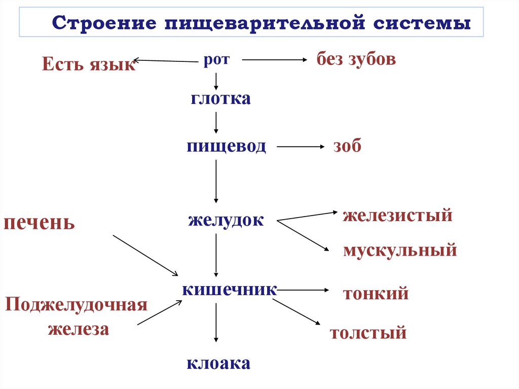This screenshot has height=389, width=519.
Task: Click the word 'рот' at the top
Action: pyautogui.click(x=216, y=60)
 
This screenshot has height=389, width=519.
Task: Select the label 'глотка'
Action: pyautogui.click(x=221, y=98)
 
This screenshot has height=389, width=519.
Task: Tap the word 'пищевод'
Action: pyautogui.click(x=226, y=147)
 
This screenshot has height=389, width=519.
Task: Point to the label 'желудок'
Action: pyautogui.click(x=226, y=221)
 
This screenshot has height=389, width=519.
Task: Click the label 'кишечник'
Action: pyautogui.click(x=230, y=290)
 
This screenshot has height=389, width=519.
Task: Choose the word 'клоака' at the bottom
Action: pyautogui.click(x=218, y=363)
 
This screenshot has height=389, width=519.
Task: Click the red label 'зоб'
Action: pyautogui.click(x=347, y=147)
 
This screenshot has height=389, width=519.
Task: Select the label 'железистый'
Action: pyautogui.click(x=397, y=216)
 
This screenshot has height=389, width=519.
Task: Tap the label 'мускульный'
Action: pyautogui.click(x=400, y=250)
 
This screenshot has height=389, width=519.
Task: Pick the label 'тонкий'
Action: pyautogui.click(x=376, y=294)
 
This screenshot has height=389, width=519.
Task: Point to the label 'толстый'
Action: pyautogui.click(x=368, y=333)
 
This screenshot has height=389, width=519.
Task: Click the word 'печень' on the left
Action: pyautogui.click(x=40, y=223)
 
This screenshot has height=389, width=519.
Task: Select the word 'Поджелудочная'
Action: pyautogui.click(x=76, y=305)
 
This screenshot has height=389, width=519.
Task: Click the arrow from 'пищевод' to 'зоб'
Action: pyautogui.click(x=300, y=147)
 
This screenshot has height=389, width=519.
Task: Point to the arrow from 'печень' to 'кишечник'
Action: pyautogui.click(x=145, y=255)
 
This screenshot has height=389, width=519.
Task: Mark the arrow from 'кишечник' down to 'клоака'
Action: pyautogui.click(x=216, y=323)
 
